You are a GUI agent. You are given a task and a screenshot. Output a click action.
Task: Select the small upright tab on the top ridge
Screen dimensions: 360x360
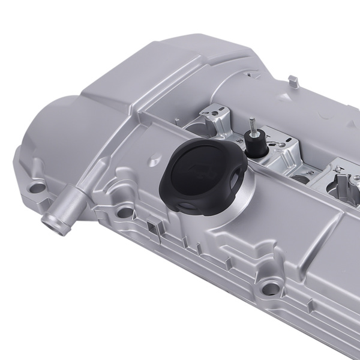point(292,80)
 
